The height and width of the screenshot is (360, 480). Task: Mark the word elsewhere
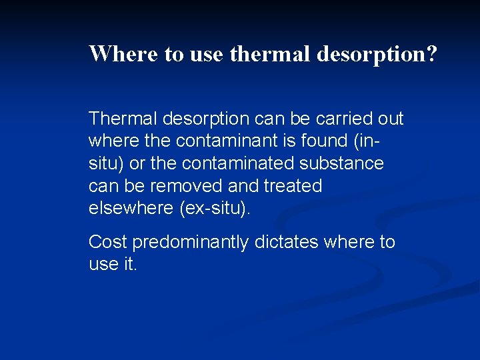[x=131, y=207]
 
